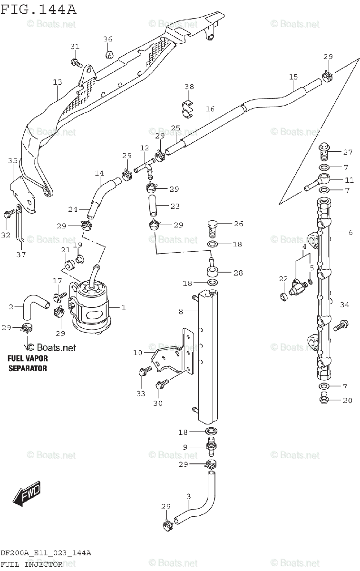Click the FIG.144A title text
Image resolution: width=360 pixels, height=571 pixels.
(38, 9)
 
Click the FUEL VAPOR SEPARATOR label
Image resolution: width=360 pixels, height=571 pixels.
(28, 363)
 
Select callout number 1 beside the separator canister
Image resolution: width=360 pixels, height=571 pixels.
(123, 308)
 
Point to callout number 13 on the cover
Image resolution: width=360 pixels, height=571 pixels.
(57, 82)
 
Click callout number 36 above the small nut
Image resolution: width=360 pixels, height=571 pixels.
(108, 39)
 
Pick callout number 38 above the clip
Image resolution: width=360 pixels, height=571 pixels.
(189, 87)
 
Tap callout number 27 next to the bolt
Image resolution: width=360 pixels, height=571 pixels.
(348, 152)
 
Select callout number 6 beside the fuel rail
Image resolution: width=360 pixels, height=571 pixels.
(350, 232)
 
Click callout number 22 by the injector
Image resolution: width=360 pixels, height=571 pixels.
(283, 279)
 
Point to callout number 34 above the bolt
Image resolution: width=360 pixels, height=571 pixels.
(344, 305)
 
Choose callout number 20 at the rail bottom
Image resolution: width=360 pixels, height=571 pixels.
(347, 400)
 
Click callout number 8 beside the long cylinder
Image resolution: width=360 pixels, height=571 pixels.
(181, 312)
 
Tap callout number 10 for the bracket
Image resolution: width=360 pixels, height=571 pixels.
(137, 353)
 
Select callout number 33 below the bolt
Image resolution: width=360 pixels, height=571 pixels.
(140, 393)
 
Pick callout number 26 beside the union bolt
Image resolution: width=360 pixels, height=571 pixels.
(238, 224)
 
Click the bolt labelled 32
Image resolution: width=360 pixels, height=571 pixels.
(7, 215)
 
